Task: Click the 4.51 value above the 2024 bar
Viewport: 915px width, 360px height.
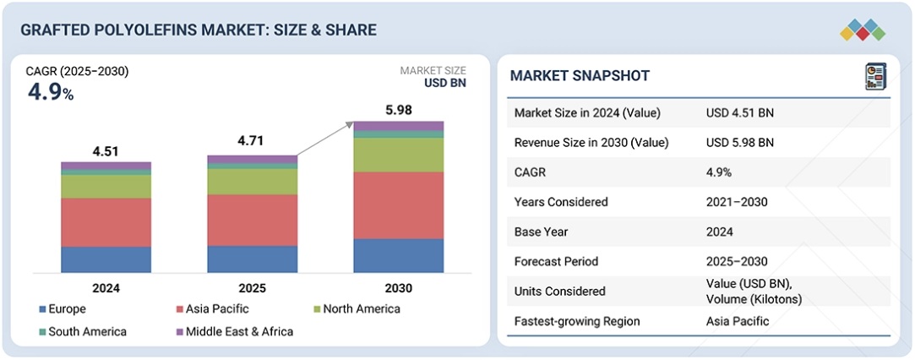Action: [106, 152]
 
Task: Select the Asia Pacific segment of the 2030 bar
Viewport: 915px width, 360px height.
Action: [398, 205]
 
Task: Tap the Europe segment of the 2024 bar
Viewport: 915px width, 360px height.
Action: [106, 259]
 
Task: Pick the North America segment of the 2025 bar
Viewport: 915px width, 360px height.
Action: [252, 182]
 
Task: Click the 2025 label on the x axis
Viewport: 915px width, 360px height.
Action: [252, 288]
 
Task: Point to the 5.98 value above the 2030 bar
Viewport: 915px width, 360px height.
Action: [398, 111]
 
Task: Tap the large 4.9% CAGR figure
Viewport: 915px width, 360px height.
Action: [51, 92]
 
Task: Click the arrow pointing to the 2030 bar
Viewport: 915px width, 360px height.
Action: [325, 139]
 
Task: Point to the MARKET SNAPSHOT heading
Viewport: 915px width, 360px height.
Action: [580, 76]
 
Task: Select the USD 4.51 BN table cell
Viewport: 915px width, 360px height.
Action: [740, 112]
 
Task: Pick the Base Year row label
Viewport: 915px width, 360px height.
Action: [541, 232]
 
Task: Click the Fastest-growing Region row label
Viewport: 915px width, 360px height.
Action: [577, 321]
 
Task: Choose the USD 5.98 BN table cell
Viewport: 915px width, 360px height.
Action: [740, 142]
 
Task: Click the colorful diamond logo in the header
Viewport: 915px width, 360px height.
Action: [863, 30]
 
